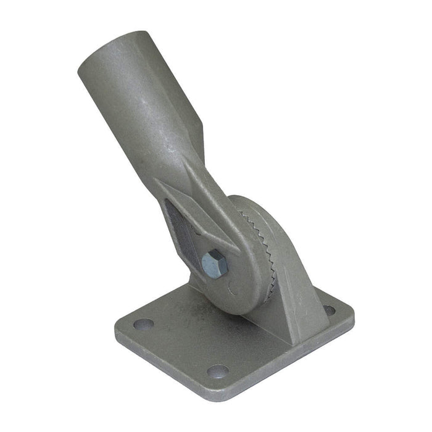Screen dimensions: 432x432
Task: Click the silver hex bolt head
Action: [214, 264]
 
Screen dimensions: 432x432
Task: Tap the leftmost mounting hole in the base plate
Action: [143, 323]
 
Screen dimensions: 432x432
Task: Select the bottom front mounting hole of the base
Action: [217, 370]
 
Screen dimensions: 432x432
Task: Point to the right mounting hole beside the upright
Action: [330, 310]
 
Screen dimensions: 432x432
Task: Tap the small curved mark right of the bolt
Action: [230, 285]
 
